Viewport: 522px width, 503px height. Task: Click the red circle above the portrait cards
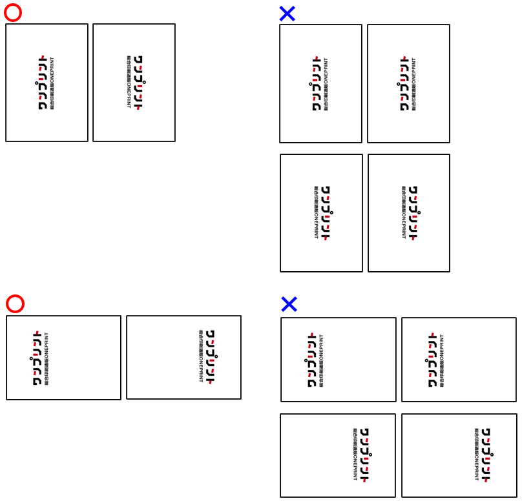[13, 13]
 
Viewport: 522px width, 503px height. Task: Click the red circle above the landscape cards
[15, 303]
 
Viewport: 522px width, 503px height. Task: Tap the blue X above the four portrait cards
[287, 14]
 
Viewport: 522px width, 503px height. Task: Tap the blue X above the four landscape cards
[289, 304]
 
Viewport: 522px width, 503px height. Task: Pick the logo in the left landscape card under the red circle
[41, 358]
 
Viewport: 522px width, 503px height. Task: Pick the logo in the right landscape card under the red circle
[206, 357]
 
